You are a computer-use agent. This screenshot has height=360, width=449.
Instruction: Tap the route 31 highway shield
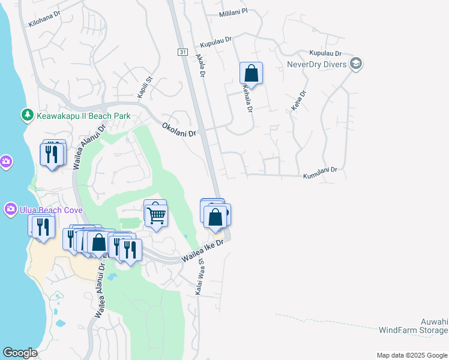pos(182,53)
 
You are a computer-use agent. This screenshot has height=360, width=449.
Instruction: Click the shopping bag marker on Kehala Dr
pos(252,74)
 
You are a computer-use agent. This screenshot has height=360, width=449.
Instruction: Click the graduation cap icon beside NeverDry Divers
pos(356,64)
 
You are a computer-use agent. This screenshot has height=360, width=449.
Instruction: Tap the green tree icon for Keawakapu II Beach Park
pos(27,114)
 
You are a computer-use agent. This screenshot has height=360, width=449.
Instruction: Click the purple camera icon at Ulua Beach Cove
pos(10,209)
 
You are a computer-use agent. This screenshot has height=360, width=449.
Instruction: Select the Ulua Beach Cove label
pos(50,210)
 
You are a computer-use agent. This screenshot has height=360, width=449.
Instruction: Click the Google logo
pos(20,353)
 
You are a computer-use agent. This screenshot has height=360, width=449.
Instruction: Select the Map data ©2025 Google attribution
pos(412,355)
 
